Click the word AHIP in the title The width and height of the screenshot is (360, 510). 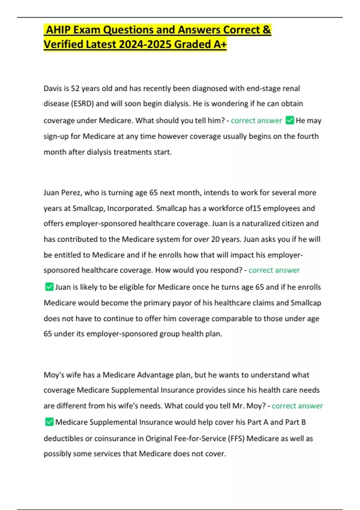pos(58,30)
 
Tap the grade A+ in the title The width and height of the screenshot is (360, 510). pos(220,44)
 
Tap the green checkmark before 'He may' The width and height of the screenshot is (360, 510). pos(290,120)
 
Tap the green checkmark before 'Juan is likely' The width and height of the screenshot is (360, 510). pos(49,287)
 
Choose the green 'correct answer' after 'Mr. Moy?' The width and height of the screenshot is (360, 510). pos(297,406)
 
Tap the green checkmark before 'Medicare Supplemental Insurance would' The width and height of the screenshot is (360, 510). pos(49,422)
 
